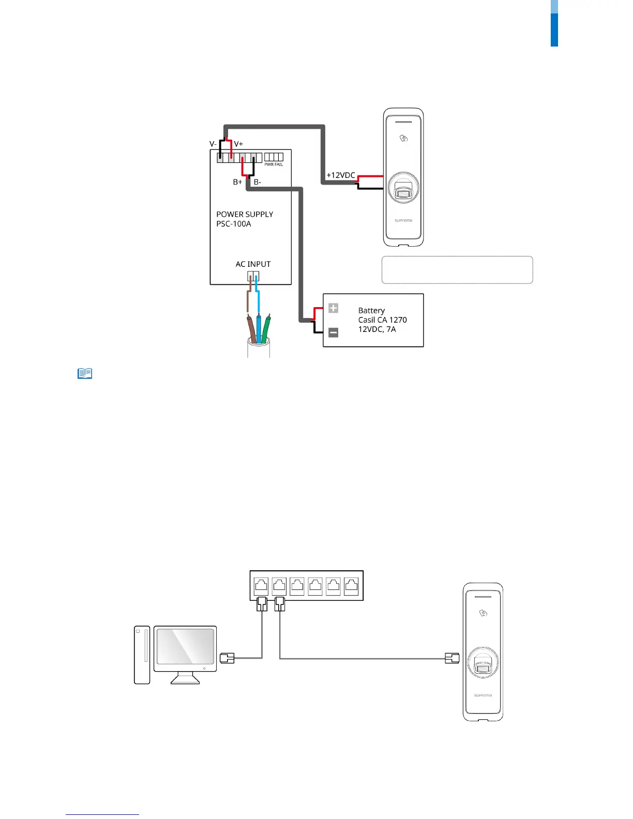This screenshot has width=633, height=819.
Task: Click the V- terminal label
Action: coord(213,144)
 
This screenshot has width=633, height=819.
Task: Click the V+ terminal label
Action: coord(238,144)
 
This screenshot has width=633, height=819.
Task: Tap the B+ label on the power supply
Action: coord(237,182)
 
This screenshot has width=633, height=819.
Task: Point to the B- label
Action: coord(258,182)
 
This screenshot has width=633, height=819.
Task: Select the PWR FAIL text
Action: coord(274,164)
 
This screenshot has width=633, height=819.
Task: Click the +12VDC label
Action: coord(341,175)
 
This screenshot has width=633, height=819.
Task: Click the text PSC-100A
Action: coord(234,224)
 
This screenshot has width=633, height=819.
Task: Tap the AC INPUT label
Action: coord(253,264)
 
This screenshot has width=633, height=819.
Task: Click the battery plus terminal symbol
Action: coord(334,308)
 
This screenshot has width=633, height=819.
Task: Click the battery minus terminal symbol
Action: coord(334,332)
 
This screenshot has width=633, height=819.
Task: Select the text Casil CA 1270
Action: coord(382,320)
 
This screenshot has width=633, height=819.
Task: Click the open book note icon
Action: coord(85,373)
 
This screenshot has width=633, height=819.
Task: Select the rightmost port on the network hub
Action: coord(351,586)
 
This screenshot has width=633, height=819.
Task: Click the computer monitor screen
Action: coord(185,646)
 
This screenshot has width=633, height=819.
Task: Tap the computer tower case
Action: coord(142,655)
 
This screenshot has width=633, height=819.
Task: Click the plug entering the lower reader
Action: coord(452,658)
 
